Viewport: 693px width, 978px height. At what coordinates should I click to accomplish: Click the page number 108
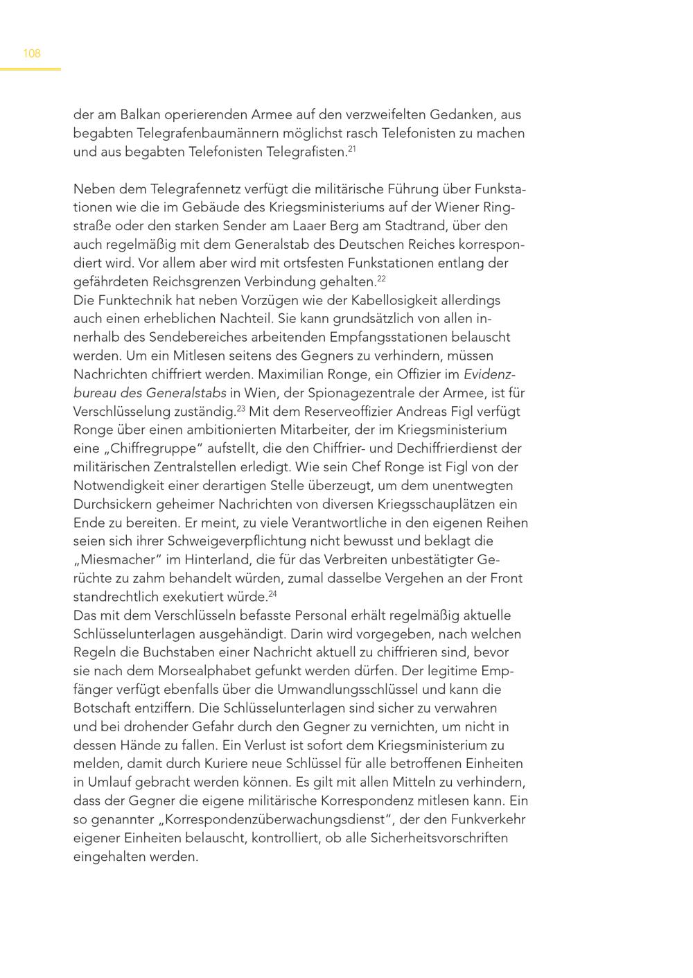(32, 53)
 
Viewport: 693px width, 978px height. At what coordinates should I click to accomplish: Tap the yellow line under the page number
(30, 69)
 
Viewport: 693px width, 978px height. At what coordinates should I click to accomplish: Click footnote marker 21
(352, 148)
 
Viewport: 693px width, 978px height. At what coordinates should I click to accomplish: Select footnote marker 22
(381, 278)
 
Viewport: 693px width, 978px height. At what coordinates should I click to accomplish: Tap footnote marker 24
(272, 593)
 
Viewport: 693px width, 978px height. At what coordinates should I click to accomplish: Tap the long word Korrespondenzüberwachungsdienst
(276, 819)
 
